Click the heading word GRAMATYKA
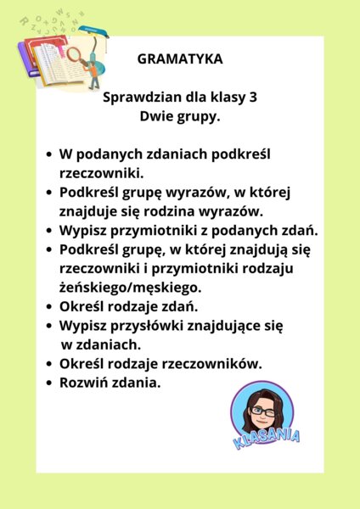[180, 60]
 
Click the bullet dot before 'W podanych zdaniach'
[48, 155]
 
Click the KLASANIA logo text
[268, 440]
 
